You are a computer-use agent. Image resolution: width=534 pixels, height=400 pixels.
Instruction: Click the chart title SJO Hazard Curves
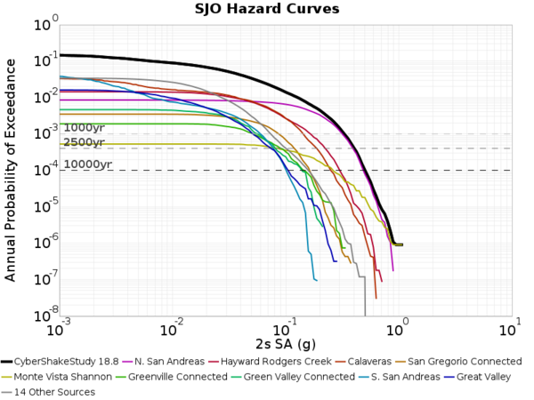point(267,10)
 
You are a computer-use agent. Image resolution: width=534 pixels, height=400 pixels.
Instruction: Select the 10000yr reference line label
point(87,164)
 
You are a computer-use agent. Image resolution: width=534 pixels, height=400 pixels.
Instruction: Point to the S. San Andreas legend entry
point(400,377)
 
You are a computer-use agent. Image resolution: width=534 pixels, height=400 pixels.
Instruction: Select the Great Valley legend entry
point(485,377)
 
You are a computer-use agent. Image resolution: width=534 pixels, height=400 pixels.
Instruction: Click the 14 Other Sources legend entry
point(58,392)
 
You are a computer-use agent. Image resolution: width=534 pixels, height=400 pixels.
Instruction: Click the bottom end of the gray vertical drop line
point(365,315)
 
